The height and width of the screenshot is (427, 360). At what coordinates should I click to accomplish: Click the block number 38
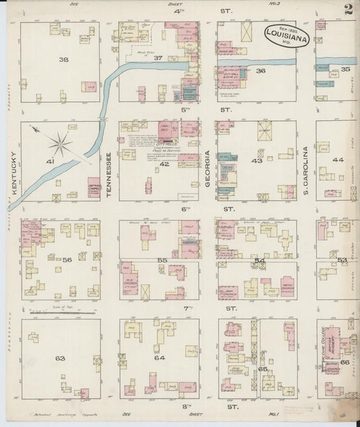pos(63,59)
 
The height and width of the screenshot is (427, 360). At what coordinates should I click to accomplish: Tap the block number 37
pos(158,57)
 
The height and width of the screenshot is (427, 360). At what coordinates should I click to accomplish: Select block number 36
pos(261,70)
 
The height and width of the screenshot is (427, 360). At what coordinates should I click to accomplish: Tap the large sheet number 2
pos(349,9)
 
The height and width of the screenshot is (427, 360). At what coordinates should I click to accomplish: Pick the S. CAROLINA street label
pos(305,162)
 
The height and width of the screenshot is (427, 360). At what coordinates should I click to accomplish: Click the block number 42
pos(164,164)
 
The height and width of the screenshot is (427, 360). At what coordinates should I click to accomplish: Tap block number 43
pos(257,161)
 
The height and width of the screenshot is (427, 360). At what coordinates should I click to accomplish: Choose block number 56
pos(67,259)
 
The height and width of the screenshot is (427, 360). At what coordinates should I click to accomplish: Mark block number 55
pos(162,259)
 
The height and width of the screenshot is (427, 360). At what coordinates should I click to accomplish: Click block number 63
pos(60,358)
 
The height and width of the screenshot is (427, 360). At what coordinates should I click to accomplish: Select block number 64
pos(159,357)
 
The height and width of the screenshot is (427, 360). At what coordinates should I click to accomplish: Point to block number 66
pos(345,363)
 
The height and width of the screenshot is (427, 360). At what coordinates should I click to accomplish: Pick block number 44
pos(338,160)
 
